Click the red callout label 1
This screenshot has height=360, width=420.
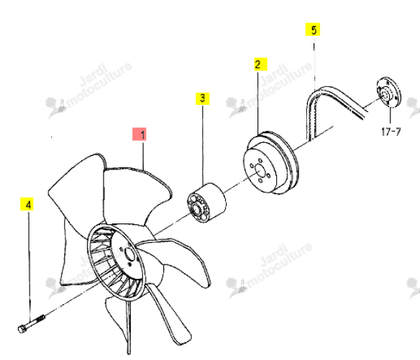pos(140,134)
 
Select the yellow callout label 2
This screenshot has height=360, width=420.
pos(260,64)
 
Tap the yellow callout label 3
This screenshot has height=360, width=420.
pos(203,98)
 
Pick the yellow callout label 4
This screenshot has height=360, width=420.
pos(27,204)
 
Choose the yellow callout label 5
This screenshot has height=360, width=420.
pos(313,29)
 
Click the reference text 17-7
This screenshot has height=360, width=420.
pos(391,131)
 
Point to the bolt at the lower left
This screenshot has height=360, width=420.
pos(32,323)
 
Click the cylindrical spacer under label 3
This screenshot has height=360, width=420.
pos(206,203)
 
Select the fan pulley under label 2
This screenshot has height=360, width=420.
pos(271,162)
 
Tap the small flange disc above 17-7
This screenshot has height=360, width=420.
pos(388,93)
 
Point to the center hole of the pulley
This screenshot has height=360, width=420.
pos(260,170)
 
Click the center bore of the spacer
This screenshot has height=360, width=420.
pos(196,209)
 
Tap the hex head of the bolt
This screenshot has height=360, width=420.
pos(22,329)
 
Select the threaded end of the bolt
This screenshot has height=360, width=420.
pos(40,318)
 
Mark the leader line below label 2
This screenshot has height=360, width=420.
pos(258,103)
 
